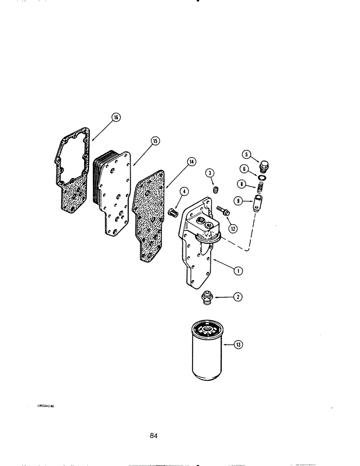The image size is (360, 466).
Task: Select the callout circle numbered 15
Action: click(x=154, y=140)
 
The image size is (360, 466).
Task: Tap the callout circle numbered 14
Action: click(x=191, y=162)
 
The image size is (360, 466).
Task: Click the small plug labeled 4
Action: click(x=173, y=212)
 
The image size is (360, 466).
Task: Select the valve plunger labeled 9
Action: click(x=258, y=204)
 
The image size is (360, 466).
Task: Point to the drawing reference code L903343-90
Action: click(x=46, y=406)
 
